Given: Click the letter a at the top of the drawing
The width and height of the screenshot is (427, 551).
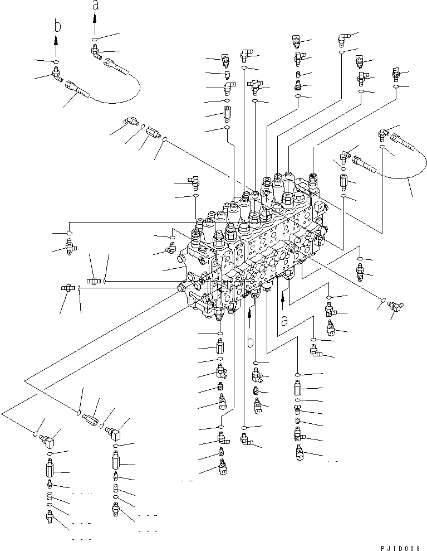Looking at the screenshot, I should tap(95, 7).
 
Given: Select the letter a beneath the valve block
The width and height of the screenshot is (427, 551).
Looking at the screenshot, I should tap(284, 321).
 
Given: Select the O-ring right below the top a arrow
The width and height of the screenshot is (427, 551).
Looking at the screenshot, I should tap(96, 39).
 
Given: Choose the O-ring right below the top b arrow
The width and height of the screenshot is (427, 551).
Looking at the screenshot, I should tap(56, 61).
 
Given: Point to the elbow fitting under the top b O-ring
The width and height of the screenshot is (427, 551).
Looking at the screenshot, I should tap(56, 73).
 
